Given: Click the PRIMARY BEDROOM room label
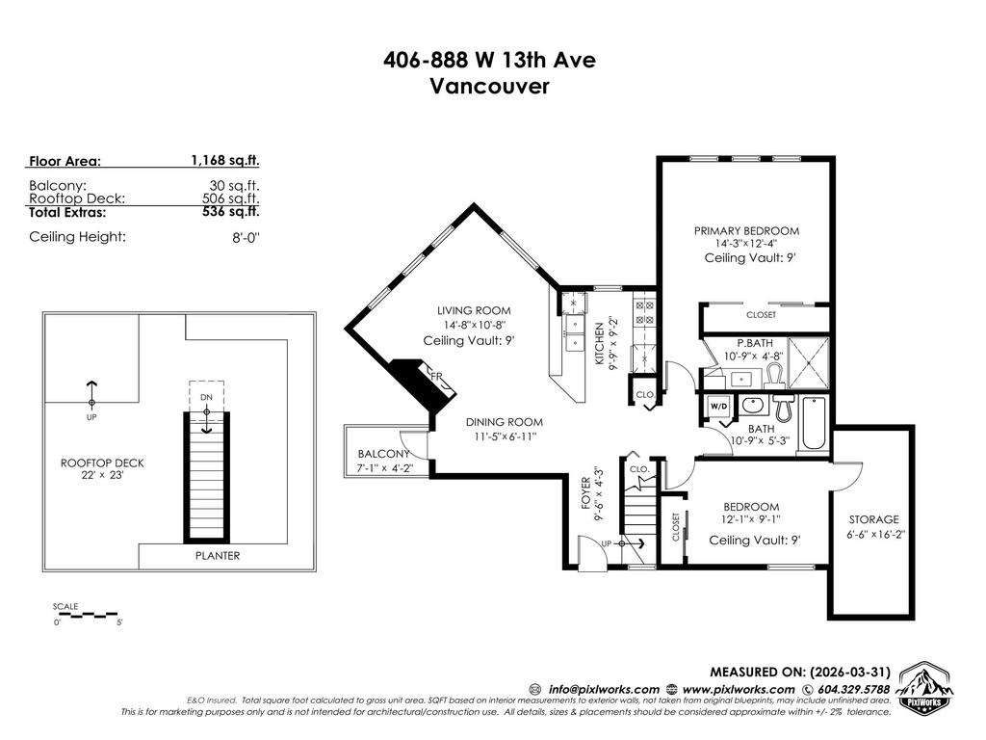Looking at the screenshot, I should [x=747, y=231].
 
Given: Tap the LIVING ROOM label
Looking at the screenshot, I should [x=474, y=311].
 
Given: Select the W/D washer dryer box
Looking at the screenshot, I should [x=718, y=406].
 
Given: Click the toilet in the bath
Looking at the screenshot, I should [x=783, y=410].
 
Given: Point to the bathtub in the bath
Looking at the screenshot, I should [x=814, y=424].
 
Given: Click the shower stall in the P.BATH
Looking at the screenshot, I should [x=808, y=361].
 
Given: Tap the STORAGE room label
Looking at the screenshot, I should [x=873, y=519].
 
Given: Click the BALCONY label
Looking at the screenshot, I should [x=384, y=455].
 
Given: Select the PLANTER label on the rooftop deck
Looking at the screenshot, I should [x=218, y=556].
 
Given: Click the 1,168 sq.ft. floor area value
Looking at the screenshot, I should [x=225, y=161].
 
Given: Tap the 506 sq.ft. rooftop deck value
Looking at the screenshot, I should [x=230, y=198].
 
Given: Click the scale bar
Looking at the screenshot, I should [x=87, y=613].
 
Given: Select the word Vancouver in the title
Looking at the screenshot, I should [x=489, y=87].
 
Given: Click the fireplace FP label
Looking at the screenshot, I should [x=435, y=377].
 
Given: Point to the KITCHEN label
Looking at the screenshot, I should [x=598, y=343].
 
